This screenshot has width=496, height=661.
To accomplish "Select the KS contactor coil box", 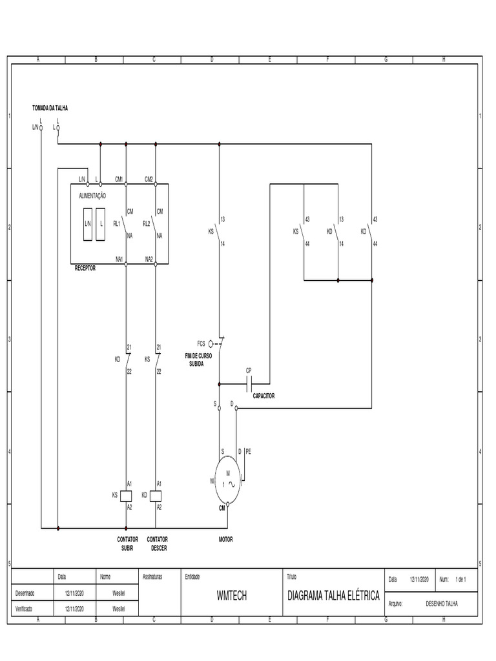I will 127,495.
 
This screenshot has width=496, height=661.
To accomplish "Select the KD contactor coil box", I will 156,495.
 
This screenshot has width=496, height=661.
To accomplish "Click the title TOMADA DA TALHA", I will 50,108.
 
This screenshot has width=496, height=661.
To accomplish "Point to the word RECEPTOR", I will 85,268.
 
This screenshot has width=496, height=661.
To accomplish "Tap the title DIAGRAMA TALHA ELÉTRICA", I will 333,595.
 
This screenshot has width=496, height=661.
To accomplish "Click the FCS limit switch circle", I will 211,344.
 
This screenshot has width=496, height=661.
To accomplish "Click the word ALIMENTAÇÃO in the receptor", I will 92,195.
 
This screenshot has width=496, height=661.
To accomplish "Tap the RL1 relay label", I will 117,224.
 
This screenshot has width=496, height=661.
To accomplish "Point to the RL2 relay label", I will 146,224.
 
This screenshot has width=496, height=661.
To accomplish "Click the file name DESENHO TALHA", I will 442,604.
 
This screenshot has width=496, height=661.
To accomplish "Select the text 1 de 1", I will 460,579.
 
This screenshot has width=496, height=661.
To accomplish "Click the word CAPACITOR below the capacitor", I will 263,396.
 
